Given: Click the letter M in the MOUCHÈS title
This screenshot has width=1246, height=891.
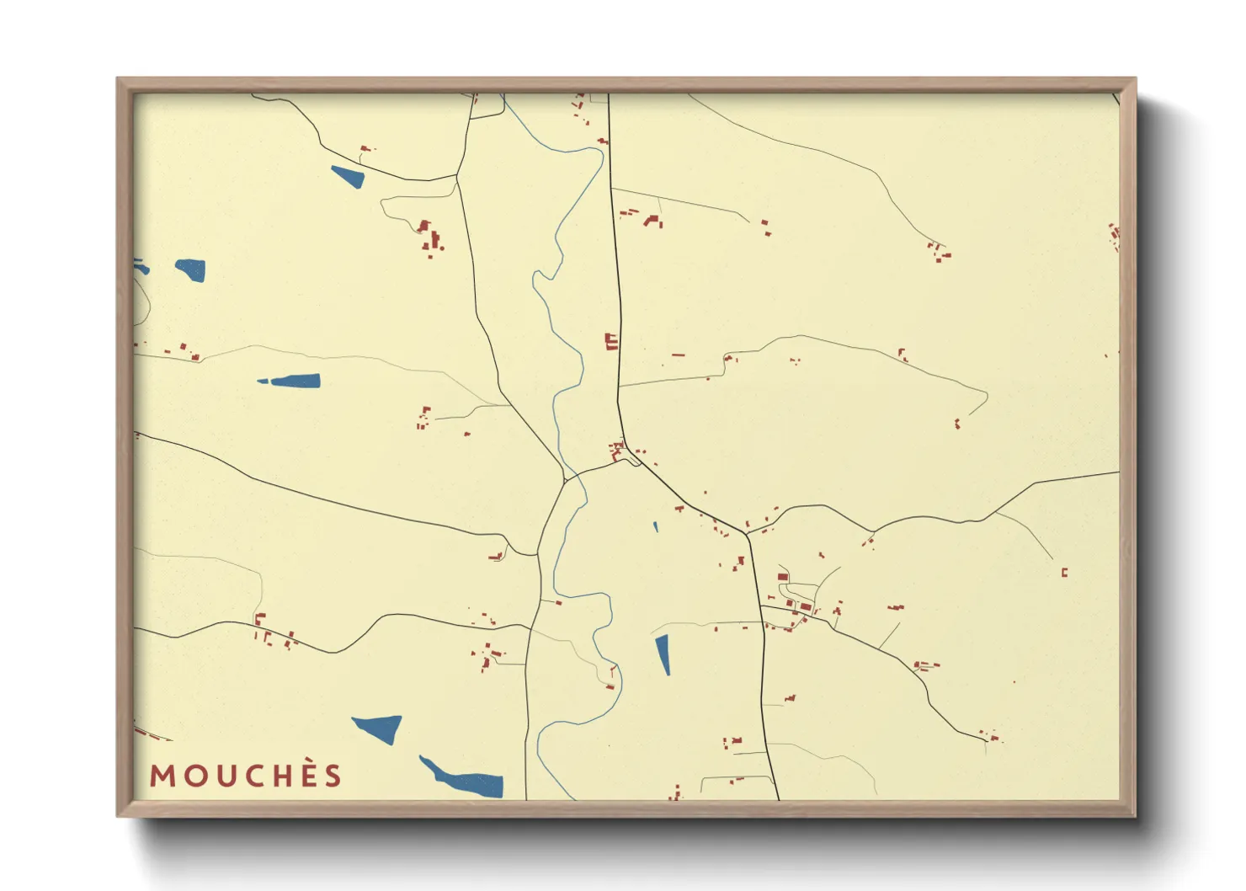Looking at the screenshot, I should [x=162, y=776].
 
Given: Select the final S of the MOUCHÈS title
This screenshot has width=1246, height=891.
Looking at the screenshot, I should [x=333, y=776].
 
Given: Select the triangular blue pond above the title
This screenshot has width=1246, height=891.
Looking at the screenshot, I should [x=380, y=727].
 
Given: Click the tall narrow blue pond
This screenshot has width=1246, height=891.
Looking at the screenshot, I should [x=663, y=654].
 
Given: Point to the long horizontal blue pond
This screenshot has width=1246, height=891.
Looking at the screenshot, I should [x=291, y=381].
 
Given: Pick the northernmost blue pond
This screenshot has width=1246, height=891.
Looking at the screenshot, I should [x=347, y=176].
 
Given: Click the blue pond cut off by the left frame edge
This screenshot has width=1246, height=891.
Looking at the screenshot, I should [x=141, y=267].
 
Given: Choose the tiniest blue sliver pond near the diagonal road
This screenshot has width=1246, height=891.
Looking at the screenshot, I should [x=655, y=527].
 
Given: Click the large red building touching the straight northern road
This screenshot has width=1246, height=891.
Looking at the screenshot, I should [x=611, y=341].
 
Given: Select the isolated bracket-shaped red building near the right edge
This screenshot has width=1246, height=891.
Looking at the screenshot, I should [x=1064, y=573].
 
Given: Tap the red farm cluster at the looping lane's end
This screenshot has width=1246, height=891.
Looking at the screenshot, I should [x=430, y=236].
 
